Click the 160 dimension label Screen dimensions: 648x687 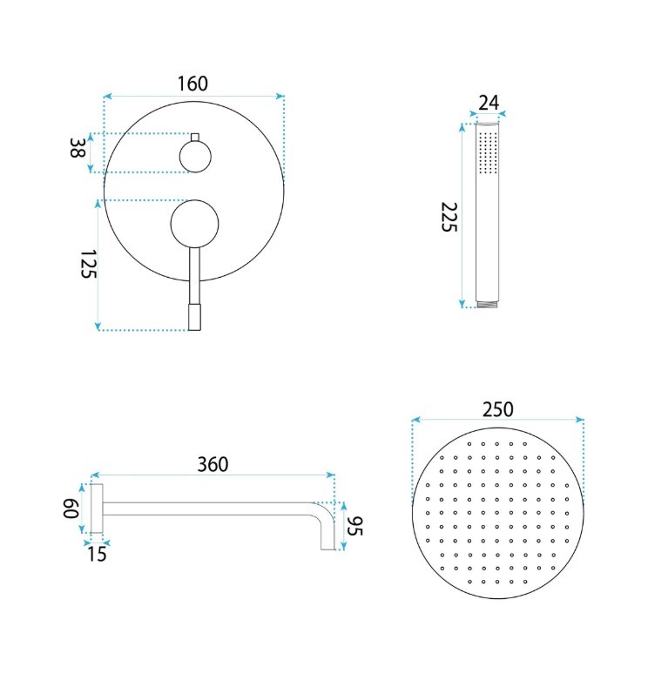point(192,84)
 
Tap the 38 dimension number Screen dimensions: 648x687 point(78,148)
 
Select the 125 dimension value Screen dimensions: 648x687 point(88,264)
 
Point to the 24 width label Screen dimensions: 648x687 point(489,103)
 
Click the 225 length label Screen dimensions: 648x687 point(449,217)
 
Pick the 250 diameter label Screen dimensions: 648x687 point(497,409)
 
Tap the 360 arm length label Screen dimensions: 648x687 point(213,464)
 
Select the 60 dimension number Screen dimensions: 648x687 point(71,509)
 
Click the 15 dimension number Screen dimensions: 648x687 point(97,555)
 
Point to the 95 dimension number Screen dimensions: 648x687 point(354,526)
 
